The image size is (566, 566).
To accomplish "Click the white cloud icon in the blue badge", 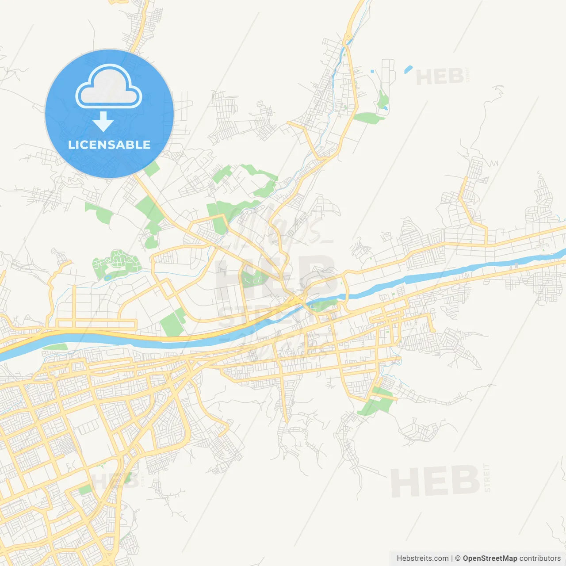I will [x=109, y=87].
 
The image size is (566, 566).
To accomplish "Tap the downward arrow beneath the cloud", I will [x=103, y=122].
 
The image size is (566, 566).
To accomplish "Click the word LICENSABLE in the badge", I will [x=109, y=145].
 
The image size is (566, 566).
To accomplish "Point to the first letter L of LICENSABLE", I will [x=71, y=145].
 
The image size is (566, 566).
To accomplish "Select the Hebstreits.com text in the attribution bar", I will [x=422, y=558].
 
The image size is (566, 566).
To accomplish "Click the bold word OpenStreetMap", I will [x=490, y=558].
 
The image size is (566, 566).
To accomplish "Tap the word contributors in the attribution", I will [x=540, y=558].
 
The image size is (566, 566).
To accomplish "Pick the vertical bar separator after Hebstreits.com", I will [x=451, y=558].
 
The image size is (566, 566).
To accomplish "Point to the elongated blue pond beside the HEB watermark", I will [x=408, y=69].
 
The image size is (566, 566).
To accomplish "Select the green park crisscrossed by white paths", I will [x=116, y=264].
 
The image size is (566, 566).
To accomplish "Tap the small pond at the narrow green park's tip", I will [x=386, y=107].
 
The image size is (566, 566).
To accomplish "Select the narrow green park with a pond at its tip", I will [x=382, y=99].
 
